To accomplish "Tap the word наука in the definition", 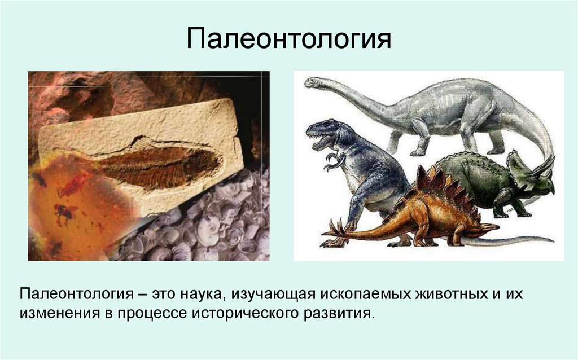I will coord(199,294).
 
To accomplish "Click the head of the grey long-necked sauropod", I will coord(314,82).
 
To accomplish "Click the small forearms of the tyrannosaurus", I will coord(334,161).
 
